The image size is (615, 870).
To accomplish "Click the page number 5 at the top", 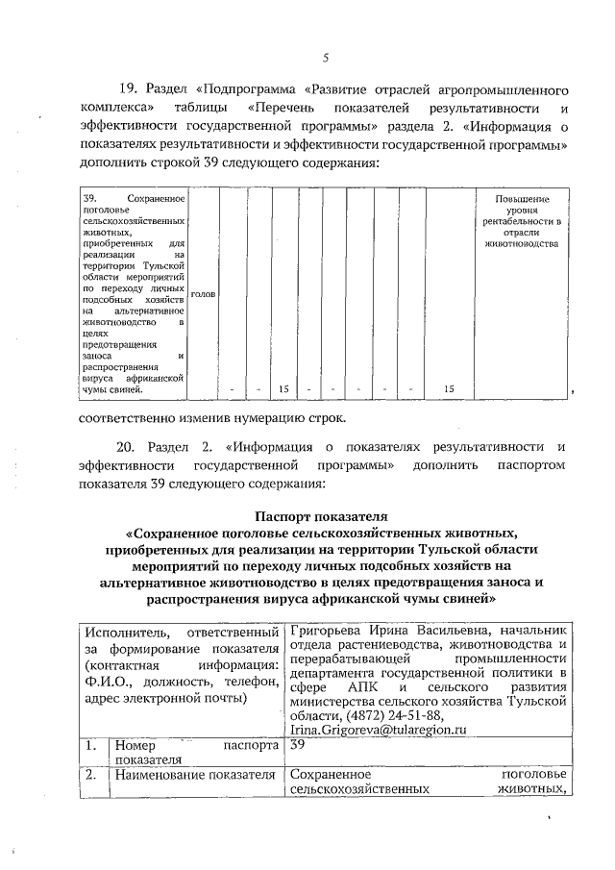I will [x=326, y=58].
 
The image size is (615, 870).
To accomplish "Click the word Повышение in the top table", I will [x=522, y=197].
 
